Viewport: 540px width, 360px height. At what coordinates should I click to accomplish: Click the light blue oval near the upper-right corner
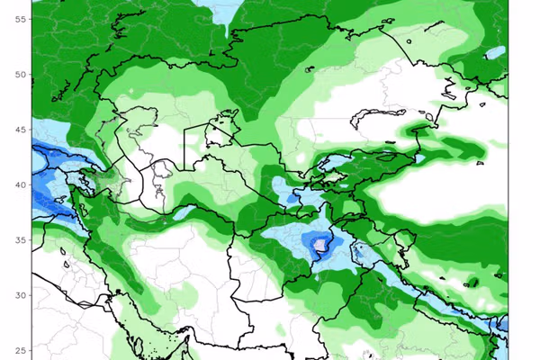(x=495, y=53)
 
